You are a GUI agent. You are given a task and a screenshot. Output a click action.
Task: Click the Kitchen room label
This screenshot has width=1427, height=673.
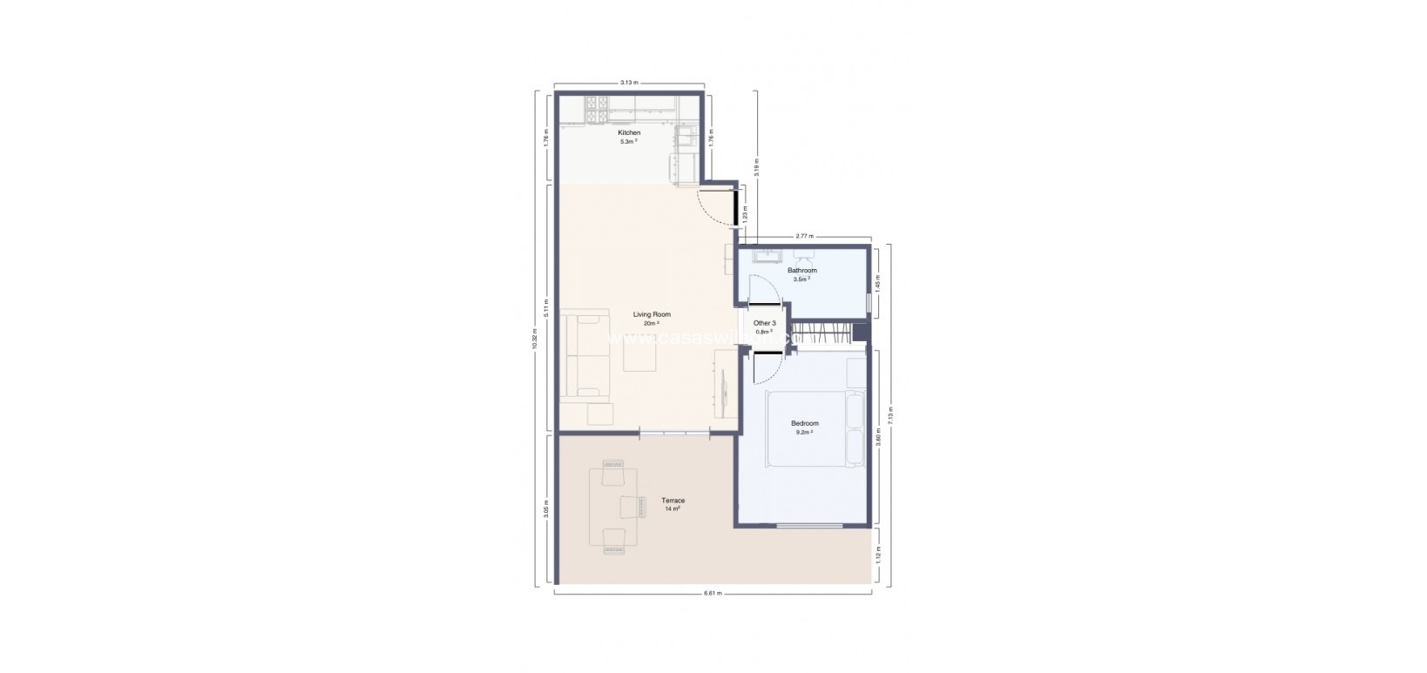(x=629, y=133)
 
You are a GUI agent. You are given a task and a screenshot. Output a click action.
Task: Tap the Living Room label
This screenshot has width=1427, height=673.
(x=652, y=314)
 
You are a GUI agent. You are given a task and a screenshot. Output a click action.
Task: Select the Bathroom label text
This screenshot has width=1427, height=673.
(x=802, y=271)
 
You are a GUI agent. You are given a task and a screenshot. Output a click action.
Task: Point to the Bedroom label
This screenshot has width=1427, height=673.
(x=804, y=424)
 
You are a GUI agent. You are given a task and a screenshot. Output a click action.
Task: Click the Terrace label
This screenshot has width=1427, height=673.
(x=673, y=501)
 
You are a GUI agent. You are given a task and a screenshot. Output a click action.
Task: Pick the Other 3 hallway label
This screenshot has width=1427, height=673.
(x=764, y=323)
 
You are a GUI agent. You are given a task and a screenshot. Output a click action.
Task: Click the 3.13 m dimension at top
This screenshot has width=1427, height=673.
(x=629, y=83)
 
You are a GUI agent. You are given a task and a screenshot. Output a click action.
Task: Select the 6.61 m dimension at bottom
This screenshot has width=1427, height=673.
(x=713, y=594)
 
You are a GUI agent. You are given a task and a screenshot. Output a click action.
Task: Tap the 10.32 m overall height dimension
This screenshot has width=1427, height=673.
(x=535, y=340)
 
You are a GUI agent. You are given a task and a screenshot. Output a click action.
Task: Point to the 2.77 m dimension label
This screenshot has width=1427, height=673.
(x=804, y=237)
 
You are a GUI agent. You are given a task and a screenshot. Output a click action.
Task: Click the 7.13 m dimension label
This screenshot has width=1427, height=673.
(x=889, y=414)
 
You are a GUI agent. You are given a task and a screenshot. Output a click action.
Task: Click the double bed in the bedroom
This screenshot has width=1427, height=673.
(x=812, y=430)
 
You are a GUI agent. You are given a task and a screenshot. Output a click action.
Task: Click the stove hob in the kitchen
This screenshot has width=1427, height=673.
(x=597, y=108)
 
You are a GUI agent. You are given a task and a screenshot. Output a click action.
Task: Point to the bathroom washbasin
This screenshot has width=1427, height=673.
(x=767, y=255)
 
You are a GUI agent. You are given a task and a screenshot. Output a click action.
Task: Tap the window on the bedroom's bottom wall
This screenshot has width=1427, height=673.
(x=809, y=525)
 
